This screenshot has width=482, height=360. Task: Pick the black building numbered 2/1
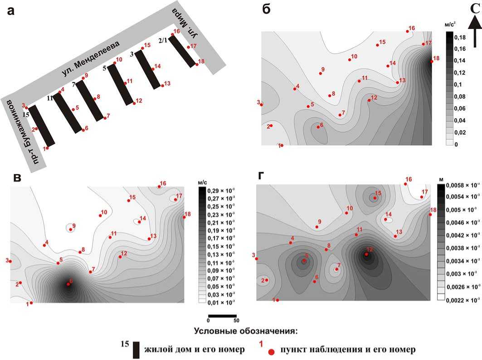click(183, 50)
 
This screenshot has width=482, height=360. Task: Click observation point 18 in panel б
click(432, 62)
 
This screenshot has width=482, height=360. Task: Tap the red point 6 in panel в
click(68, 284)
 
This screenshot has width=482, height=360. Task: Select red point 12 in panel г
click(366, 254)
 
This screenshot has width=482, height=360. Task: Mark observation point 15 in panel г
click(375, 198)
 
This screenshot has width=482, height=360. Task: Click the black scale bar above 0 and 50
click(222, 316)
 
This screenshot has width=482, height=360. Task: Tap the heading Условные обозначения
click(245, 330)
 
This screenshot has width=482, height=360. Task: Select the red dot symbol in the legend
click(271, 352)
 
